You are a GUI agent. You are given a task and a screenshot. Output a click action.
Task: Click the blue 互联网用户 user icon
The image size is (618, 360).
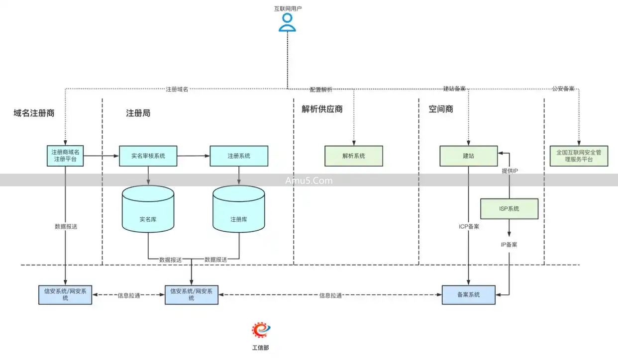(287, 22)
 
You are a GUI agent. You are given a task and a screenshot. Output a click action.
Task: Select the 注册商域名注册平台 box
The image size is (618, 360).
(66, 156)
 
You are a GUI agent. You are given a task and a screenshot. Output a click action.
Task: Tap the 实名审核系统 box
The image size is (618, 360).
(148, 156)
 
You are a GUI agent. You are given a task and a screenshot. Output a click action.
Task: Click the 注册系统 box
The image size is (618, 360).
(239, 156)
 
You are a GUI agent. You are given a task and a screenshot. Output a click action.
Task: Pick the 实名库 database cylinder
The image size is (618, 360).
(148, 209)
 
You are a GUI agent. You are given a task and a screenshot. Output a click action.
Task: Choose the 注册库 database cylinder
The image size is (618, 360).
(239, 209)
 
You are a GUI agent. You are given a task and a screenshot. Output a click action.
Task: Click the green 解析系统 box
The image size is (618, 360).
(354, 156)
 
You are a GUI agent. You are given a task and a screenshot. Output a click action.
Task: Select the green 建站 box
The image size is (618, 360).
(469, 156)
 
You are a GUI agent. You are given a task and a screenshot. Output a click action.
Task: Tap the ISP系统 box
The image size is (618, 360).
(509, 209)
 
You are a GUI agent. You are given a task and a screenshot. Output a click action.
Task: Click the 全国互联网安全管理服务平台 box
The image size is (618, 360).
(579, 156)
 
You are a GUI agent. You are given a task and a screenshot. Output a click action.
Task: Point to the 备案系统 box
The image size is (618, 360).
(469, 295)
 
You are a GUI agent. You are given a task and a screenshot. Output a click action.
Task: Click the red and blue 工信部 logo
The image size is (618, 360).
(261, 330)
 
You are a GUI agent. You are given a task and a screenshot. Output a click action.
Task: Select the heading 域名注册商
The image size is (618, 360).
(34, 113)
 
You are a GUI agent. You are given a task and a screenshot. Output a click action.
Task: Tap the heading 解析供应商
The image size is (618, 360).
(322, 109)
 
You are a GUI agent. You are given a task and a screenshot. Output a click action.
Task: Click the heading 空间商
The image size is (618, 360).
(441, 109)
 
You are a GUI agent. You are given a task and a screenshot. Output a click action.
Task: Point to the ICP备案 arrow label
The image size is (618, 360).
(469, 227)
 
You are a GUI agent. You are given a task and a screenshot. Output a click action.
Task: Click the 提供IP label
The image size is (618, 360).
(510, 171)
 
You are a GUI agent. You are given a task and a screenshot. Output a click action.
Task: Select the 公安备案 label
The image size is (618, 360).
(563, 89)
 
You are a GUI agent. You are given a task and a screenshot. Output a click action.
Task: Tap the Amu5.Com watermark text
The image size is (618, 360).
(309, 180)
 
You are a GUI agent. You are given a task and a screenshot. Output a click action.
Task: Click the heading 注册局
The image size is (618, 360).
(138, 113)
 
